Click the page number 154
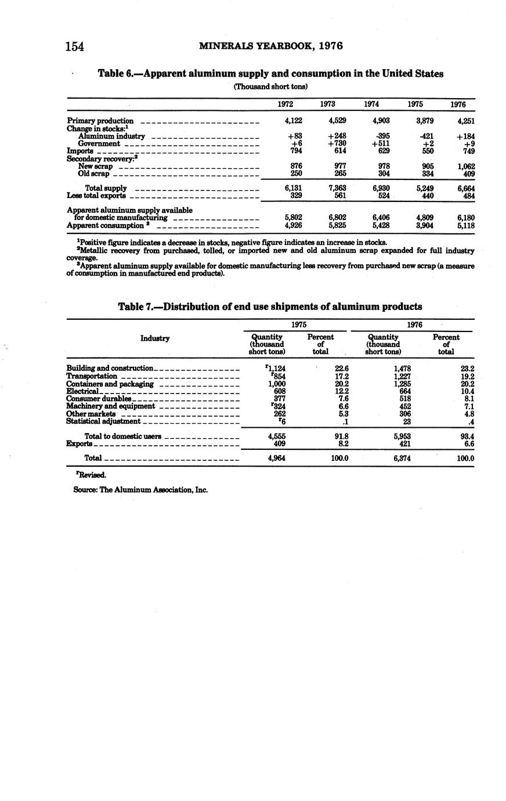[75, 46]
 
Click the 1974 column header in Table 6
[372, 104]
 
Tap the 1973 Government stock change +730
[337, 143]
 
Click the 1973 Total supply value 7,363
[337, 189]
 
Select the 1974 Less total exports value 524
[381, 196]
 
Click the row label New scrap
[96, 166]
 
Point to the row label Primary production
[100, 121]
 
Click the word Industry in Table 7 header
[155, 338]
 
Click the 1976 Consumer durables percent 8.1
[469, 399]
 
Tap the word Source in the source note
[85, 489]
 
